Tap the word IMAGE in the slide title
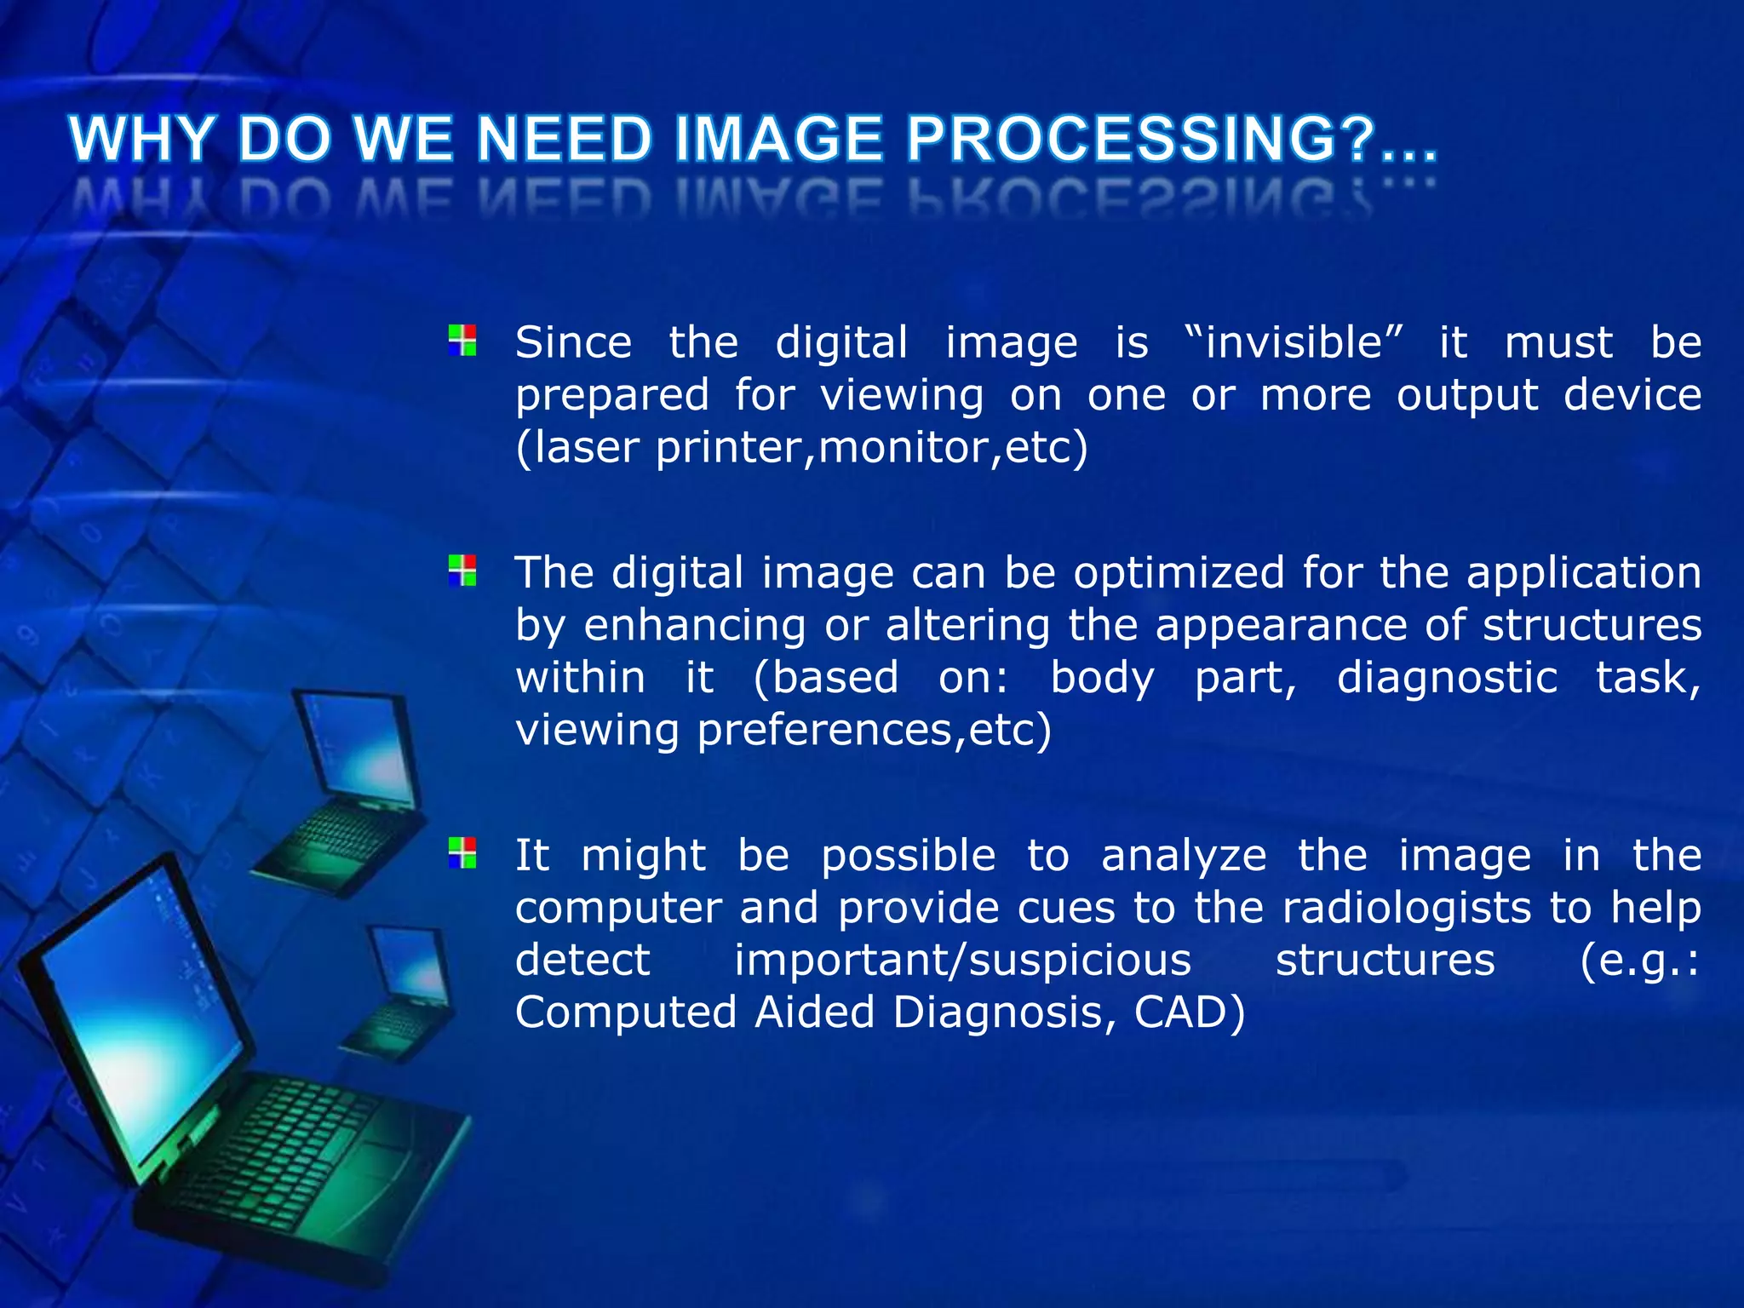778,139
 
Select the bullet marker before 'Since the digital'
462,341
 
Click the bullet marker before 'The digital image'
462,571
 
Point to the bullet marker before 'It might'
462,852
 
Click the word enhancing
694,626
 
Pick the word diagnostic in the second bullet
1447,679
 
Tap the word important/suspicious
962,961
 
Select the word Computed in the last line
626,1013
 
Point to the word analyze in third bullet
1184,856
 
